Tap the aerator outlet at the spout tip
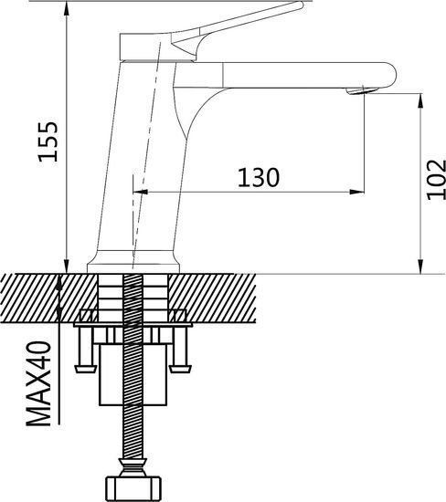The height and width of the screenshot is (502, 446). [364, 89]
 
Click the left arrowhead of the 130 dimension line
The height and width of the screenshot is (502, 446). [141, 192]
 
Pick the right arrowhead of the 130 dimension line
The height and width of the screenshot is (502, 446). [358, 192]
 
